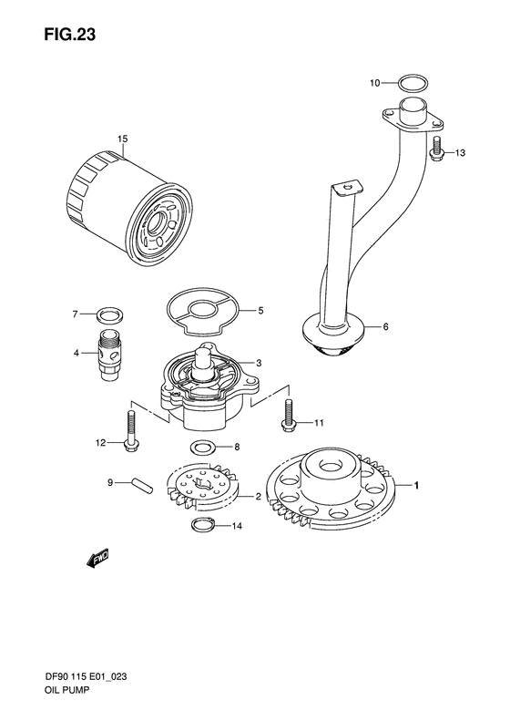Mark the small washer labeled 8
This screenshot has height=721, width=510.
pos(201,448)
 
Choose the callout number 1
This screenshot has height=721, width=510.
pos(417,487)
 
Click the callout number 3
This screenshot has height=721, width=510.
pos(259,363)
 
